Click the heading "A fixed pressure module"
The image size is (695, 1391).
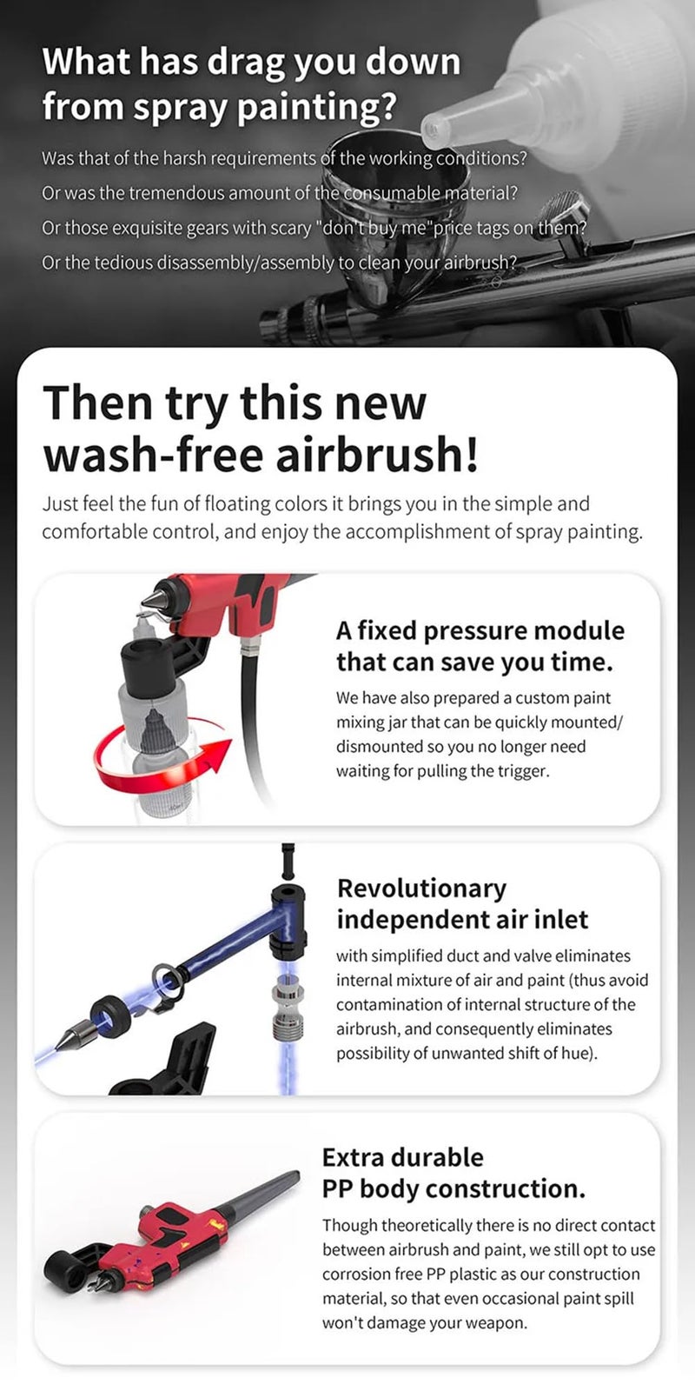tap(480, 630)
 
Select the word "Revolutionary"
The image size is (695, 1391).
tap(421, 888)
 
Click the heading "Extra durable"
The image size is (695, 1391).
tap(403, 1157)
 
